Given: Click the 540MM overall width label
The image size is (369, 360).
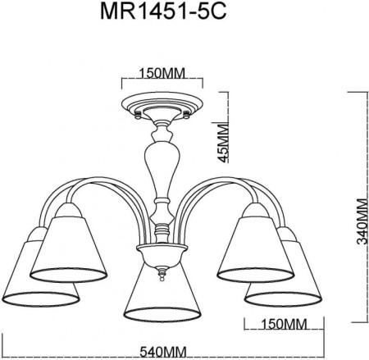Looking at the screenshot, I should click(x=161, y=352).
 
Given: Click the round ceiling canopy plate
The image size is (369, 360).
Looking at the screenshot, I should click(x=161, y=107).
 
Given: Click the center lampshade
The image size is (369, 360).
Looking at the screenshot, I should click(x=161, y=291).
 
